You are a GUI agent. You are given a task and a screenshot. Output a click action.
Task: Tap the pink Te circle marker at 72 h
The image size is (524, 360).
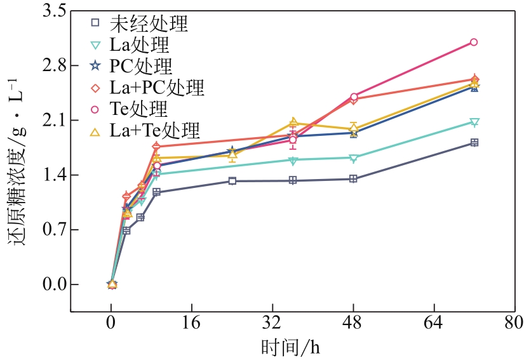pos(474,42)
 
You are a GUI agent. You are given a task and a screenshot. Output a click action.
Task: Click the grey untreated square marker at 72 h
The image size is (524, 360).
pos(474,143)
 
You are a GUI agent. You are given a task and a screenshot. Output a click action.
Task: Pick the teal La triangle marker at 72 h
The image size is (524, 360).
pos(474,122)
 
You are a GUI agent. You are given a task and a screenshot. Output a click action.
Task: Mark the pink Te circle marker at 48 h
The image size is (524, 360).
pos(353,97)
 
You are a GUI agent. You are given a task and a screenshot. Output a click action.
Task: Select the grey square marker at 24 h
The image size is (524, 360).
pos(232,181)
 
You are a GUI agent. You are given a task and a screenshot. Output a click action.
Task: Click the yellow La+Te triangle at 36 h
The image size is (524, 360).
pos(293,122)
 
